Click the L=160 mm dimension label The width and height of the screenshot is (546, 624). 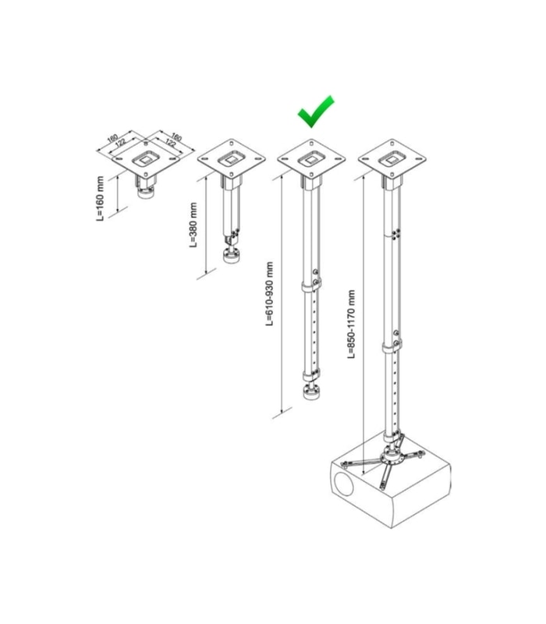pyautogui.click(x=101, y=199)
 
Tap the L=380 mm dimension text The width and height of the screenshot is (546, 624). pyautogui.click(x=193, y=225)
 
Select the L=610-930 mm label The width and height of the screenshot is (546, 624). pyautogui.click(x=270, y=294)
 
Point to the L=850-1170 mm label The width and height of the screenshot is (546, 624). pyautogui.click(x=351, y=324)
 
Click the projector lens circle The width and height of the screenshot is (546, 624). pyautogui.click(x=343, y=483)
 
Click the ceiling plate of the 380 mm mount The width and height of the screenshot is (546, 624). pyautogui.click(x=231, y=158)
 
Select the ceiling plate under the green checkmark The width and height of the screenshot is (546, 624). pyautogui.click(x=311, y=158)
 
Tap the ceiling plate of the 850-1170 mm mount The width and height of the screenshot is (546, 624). pyautogui.click(x=392, y=158)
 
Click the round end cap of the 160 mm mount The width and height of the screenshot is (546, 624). pyautogui.click(x=145, y=193)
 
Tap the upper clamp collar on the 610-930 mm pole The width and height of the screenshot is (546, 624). pyautogui.click(x=311, y=286)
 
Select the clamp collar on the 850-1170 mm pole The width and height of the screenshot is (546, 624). pyautogui.click(x=392, y=347)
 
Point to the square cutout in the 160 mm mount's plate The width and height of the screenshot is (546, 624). pyautogui.click(x=146, y=159)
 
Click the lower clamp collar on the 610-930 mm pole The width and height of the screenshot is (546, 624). pyautogui.click(x=310, y=375)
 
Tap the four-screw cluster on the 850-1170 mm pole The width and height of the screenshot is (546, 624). pyautogui.click(x=396, y=234)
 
